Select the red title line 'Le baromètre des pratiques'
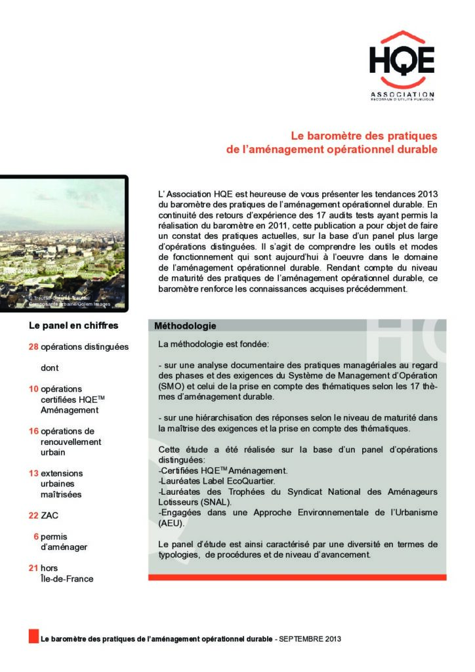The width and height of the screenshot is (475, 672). pos(363,136)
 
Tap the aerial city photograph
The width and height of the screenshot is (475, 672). pos(62,243)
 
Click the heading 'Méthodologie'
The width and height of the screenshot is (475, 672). pos(185,325)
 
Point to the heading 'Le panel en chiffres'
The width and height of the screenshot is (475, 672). pos(73,325)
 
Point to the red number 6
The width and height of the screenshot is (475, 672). pos(35,536)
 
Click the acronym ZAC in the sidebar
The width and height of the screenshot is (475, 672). pos(50,516)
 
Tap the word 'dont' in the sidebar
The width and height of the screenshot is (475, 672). pos(50,368)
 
